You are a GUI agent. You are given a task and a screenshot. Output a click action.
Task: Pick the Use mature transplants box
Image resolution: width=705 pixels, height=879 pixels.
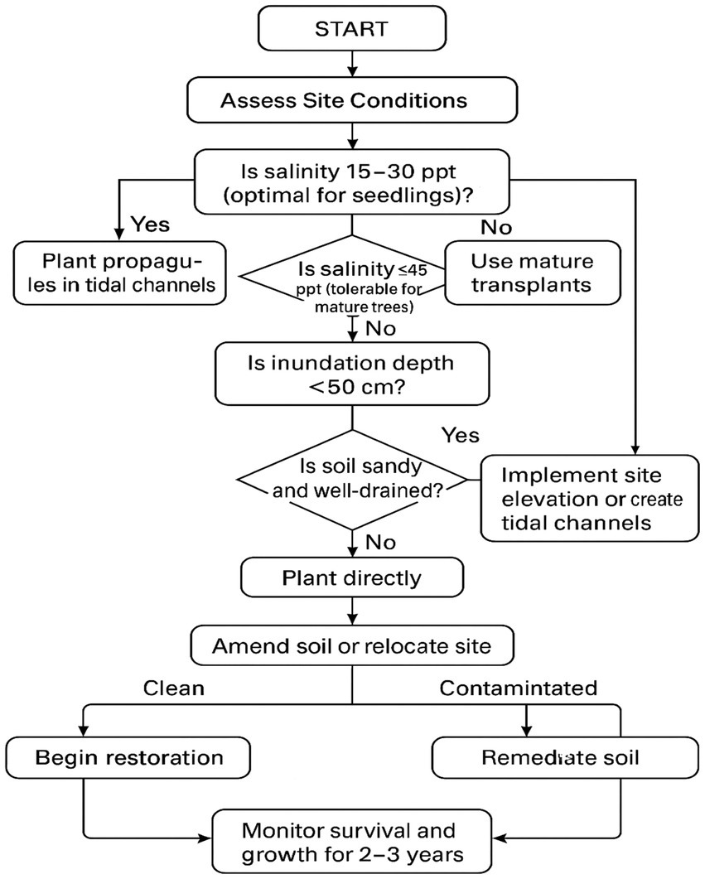point(533,273)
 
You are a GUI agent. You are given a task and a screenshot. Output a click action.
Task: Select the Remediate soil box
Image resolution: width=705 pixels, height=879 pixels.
point(560,757)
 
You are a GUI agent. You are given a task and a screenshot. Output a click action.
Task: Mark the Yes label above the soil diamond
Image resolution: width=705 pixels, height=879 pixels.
point(461,433)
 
